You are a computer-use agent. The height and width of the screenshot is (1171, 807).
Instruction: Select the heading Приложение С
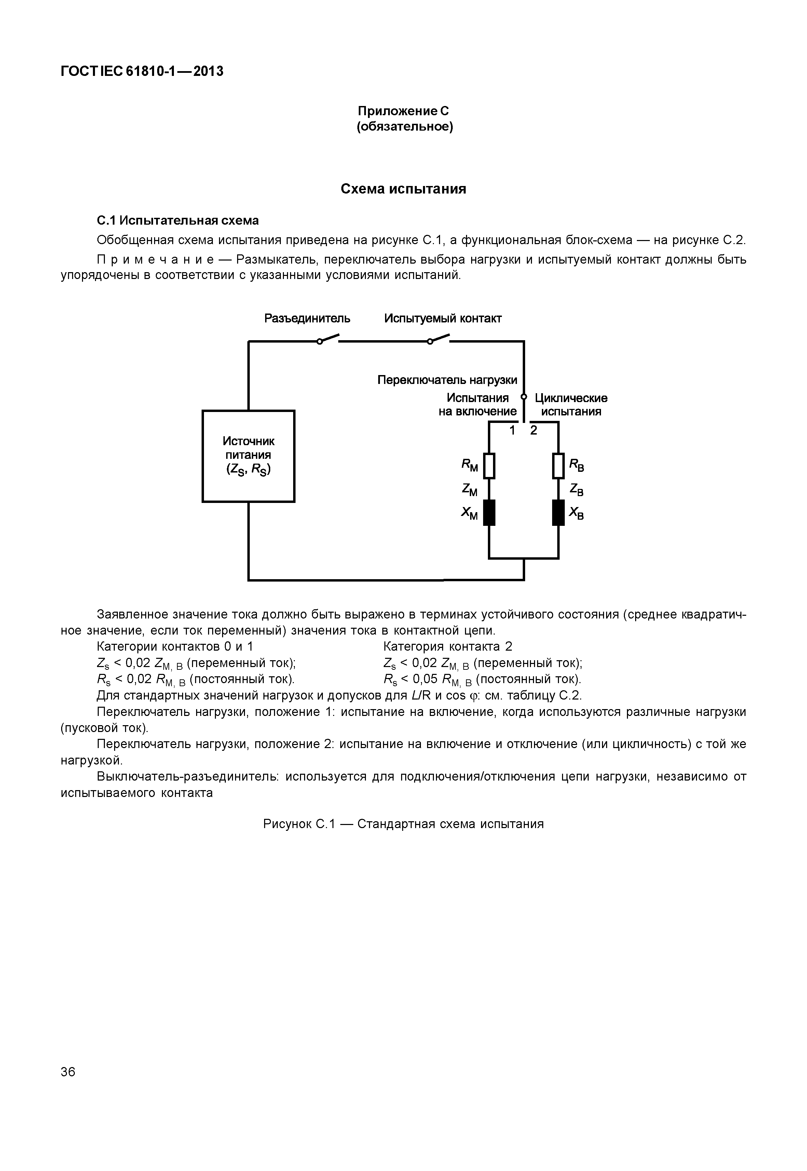click(403, 111)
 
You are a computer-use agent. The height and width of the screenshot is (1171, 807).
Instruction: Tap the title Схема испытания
click(403, 189)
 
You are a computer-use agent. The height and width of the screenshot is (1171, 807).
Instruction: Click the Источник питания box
click(248, 456)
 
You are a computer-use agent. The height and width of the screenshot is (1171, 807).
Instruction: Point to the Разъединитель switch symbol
click(328, 339)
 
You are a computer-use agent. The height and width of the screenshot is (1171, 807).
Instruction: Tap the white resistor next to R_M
click(489, 466)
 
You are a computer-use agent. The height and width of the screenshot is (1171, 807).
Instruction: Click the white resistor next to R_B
click(558, 466)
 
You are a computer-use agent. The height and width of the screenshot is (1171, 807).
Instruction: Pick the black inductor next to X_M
click(489, 512)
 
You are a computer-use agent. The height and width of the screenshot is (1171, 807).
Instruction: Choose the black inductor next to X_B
click(558, 512)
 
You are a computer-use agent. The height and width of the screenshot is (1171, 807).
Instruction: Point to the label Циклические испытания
click(571, 405)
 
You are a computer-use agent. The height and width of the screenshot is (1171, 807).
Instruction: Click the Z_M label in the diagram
click(469, 489)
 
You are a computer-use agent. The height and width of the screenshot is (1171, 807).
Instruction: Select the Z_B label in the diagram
click(576, 489)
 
